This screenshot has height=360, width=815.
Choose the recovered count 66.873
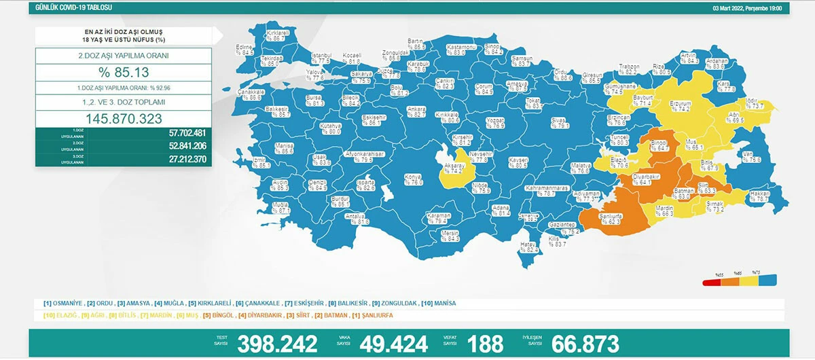(587, 344)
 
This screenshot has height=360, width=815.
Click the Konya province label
(413, 179)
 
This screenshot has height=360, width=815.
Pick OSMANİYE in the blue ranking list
(68, 303)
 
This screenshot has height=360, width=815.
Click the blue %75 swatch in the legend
(770, 279)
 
